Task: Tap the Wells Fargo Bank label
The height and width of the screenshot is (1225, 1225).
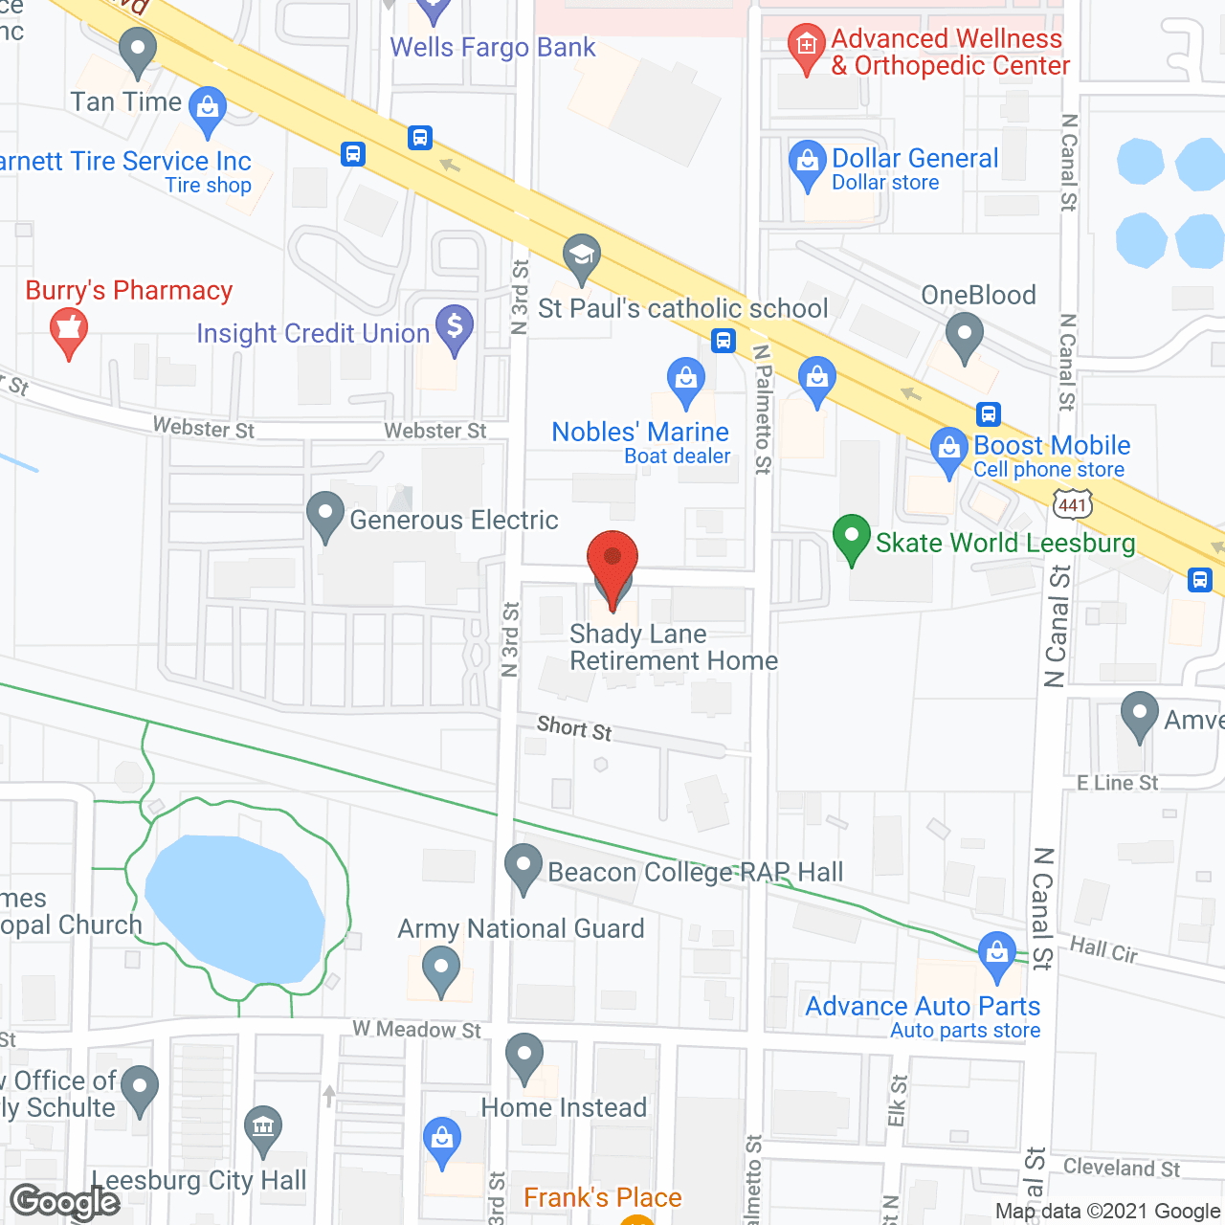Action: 492,47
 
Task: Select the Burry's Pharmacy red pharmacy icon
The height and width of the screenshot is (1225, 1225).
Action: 68,330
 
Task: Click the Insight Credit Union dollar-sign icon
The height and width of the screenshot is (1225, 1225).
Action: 455,327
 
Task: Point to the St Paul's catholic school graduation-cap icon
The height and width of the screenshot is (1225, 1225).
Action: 581,256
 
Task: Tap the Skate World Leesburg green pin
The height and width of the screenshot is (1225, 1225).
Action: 851,538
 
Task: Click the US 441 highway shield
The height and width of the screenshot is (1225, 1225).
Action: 1073,504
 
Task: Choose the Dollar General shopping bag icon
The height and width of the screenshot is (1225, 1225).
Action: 807,164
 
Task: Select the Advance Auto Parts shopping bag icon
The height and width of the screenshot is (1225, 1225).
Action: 997,955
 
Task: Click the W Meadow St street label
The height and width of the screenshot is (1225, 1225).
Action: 417,1030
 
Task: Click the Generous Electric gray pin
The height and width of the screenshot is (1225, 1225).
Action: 325,514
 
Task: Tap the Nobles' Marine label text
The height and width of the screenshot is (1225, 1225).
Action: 640,432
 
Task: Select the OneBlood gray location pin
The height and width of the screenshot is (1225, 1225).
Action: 964,337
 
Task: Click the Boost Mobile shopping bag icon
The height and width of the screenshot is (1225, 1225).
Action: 948,450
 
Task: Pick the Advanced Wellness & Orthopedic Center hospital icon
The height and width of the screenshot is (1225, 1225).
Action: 806,46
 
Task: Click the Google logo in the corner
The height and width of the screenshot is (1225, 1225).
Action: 65,1202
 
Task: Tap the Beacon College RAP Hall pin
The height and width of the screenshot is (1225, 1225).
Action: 523,867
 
